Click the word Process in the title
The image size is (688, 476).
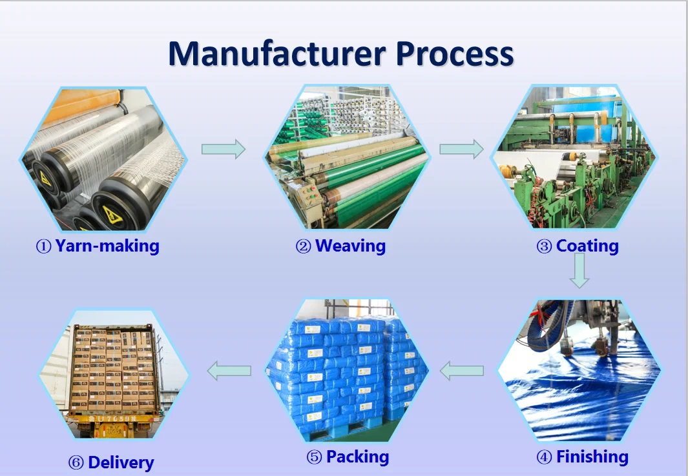(455, 54)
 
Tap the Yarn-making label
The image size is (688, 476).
(107, 246)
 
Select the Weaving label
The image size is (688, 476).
(350, 246)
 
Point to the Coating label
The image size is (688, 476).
(587, 246)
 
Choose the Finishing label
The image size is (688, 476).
(592, 457)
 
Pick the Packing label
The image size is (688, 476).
(357, 457)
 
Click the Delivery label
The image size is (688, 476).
(121, 462)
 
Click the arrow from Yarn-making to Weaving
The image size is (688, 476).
(224, 149)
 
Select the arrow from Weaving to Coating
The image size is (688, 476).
(461, 149)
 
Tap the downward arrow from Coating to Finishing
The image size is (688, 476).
(579, 270)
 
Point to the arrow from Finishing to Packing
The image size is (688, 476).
(462, 370)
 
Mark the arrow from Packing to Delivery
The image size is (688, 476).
(229, 370)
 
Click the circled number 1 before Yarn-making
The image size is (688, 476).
(43, 246)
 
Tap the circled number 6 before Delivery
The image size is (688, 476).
(76, 463)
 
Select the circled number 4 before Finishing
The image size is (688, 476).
(544, 458)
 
